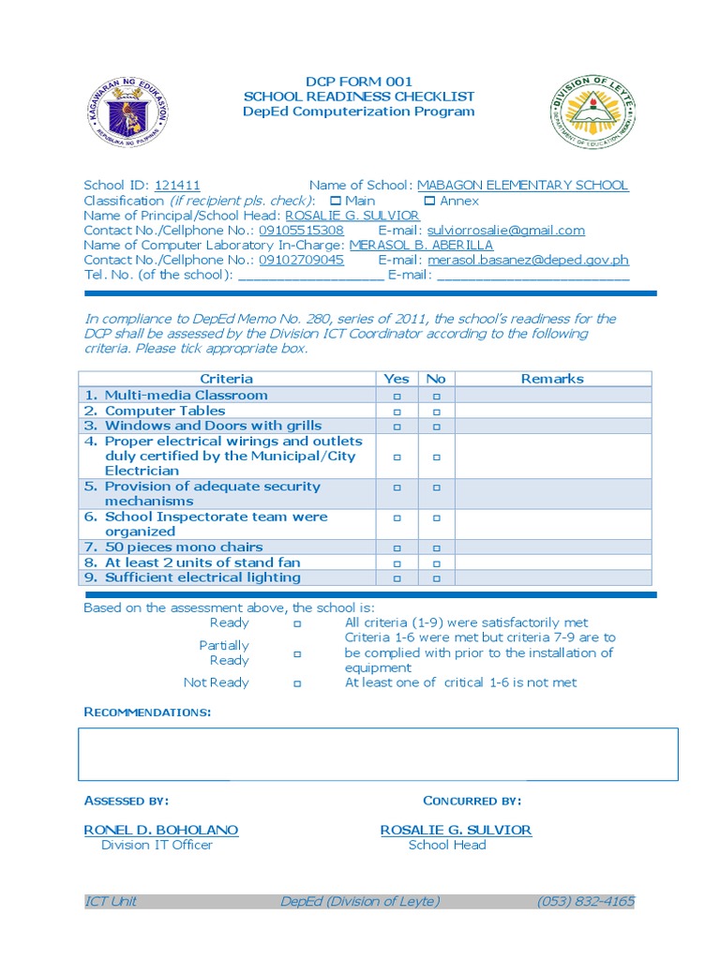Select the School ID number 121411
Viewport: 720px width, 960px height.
177,186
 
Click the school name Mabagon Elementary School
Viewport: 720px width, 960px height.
522,186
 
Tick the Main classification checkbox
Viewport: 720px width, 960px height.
336,201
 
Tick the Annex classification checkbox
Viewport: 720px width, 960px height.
429,201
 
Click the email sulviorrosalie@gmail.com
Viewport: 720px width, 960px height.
505,231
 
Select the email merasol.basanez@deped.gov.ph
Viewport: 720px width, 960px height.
528,261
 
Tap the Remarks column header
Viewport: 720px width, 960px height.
552,379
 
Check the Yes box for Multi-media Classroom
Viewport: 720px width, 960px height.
397,397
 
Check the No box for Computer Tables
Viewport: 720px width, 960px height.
436,412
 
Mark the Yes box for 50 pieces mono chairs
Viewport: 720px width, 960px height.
397,548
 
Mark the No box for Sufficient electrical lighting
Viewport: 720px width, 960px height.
436,578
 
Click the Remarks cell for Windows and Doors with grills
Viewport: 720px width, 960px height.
552,427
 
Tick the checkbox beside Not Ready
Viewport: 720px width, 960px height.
296,683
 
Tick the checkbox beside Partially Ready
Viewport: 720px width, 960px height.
296,653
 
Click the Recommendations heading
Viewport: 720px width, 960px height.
147,712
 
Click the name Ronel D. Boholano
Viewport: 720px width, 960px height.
161,831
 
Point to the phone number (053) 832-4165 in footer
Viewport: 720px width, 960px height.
585,902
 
